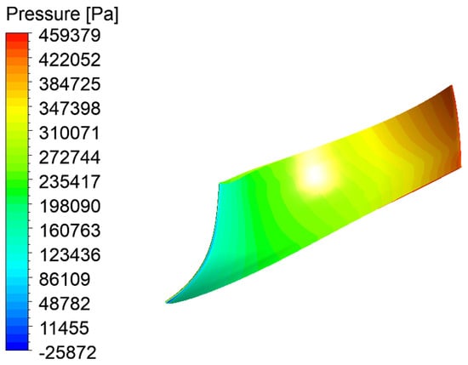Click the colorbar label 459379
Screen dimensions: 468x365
pyautogui.click(x=70, y=36)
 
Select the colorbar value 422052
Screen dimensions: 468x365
pyautogui.click(x=70, y=60)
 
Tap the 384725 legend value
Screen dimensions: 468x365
pyautogui.click(x=70, y=84)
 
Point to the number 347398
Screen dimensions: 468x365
pyautogui.click(x=70, y=109)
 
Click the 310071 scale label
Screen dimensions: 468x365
pyautogui.click(x=69, y=133)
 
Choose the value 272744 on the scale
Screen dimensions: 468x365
pyautogui.click(x=70, y=157)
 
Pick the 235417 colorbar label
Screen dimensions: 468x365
pyautogui.click(x=70, y=182)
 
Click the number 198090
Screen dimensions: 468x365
pyautogui.click(x=70, y=206)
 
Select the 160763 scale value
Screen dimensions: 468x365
pyautogui.click(x=70, y=231)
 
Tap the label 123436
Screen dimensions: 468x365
pyautogui.click(x=70, y=255)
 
